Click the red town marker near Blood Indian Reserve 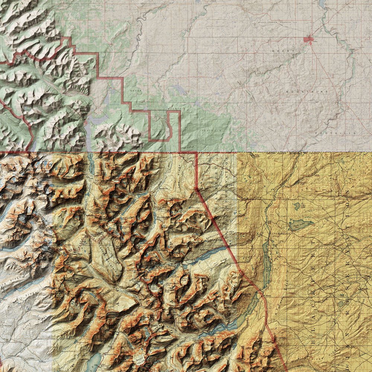point(308,39)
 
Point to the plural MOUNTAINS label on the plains point(307,91)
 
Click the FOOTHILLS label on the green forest point(211,131)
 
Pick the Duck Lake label point(301,225)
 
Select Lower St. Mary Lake point(265,260)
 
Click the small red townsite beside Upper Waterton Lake point(86,123)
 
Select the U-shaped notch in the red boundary point(160,126)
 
